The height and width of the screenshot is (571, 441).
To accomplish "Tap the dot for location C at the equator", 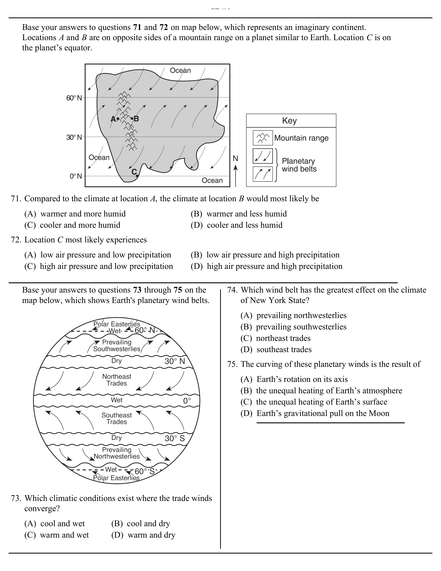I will pyautogui.click(x=137, y=176).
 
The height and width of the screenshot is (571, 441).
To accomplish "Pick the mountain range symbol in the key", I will pyautogui.click(x=263, y=138).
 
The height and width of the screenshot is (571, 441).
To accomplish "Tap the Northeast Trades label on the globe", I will pyautogui.click(x=117, y=380).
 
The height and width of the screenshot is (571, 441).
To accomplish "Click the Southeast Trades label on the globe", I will pyautogui.click(x=117, y=418).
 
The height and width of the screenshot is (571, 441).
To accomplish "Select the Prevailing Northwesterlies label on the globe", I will pyautogui.click(x=117, y=453).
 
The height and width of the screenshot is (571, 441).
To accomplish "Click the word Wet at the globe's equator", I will pyautogui.click(x=117, y=400).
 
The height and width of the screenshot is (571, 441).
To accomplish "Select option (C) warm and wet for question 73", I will pyautogui.click(x=57, y=535).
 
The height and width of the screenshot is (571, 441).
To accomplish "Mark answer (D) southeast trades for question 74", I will pyautogui.click(x=276, y=350).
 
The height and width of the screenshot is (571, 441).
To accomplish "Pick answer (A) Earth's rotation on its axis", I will pyautogui.click(x=294, y=379).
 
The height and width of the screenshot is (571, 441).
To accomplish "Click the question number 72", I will pyautogui.click(x=16, y=240).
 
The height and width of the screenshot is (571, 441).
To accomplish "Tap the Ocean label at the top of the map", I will pyautogui.click(x=180, y=70).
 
